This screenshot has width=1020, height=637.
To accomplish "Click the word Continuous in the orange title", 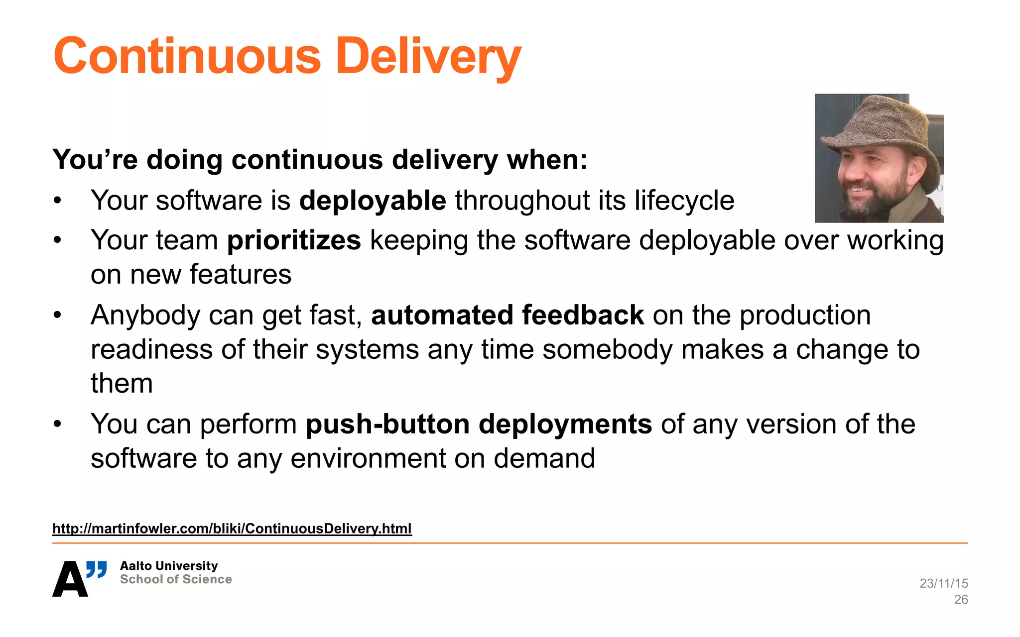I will (x=187, y=56).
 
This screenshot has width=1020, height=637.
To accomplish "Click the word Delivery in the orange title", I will (x=428, y=56).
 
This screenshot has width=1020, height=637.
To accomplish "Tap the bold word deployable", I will (x=373, y=201).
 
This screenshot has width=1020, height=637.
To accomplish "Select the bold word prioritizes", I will (x=294, y=240).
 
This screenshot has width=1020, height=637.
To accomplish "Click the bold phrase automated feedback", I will (x=508, y=316).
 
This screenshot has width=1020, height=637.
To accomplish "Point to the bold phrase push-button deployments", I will (x=479, y=425).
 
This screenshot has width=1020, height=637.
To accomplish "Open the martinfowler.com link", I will (x=232, y=529).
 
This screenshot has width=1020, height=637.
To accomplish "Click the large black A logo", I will (x=70, y=580).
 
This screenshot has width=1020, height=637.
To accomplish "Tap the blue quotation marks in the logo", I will (x=97, y=569).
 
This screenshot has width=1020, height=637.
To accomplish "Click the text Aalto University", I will (x=169, y=566).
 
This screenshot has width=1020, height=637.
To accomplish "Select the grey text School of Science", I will (x=176, y=579).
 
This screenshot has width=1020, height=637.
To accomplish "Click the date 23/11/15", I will (x=943, y=583).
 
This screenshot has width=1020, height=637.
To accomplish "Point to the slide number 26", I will (x=961, y=600).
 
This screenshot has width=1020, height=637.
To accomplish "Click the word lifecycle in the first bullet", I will (x=684, y=201).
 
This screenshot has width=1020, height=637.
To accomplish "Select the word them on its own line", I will (x=122, y=384).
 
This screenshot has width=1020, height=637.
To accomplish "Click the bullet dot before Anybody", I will (x=58, y=315).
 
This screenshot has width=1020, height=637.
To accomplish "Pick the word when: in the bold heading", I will (x=547, y=160).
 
